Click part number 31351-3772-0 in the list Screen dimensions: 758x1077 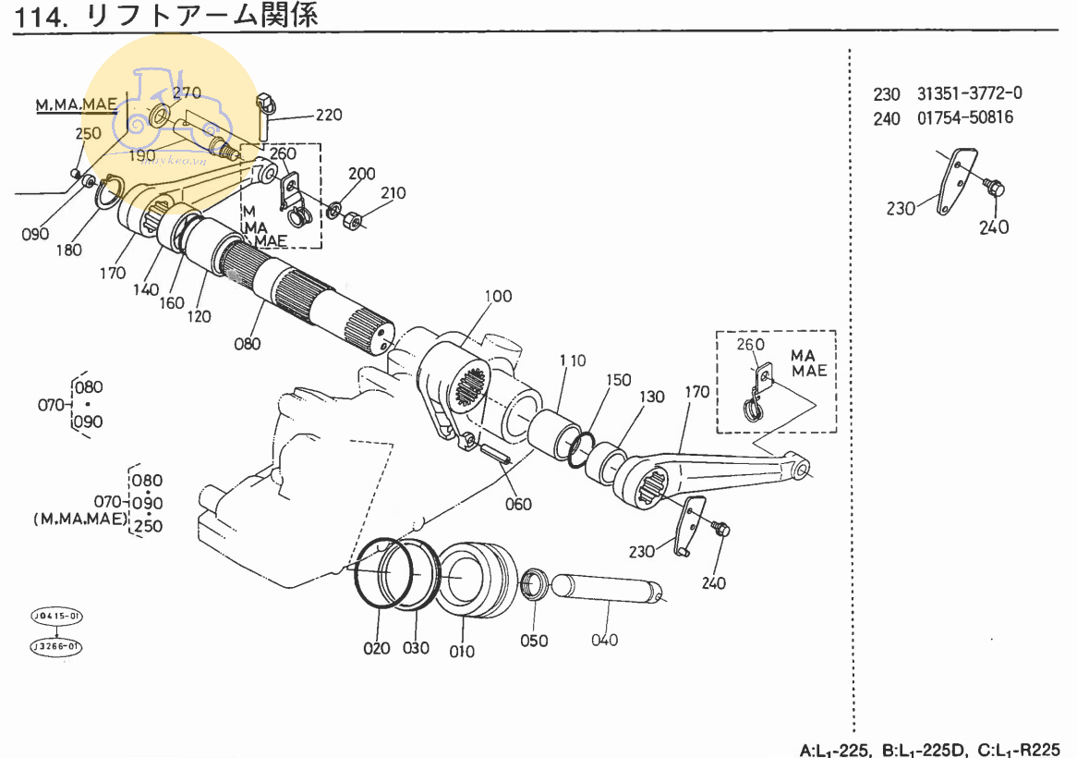(x=970, y=93)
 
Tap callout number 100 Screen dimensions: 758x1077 (x=498, y=297)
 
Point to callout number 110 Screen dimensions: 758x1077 (x=572, y=361)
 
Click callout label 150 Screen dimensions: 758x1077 (x=619, y=380)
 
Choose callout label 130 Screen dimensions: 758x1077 (x=652, y=397)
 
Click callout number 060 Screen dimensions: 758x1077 (x=518, y=504)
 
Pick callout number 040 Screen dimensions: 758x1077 (x=605, y=640)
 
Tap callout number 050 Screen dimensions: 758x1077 (x=534, y=641)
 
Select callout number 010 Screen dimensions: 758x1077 (x=462, y=651)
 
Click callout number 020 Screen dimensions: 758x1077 (x=377, y=648)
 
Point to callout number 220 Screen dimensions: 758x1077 (x=329, y=116)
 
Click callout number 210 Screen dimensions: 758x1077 (x=393, y=193)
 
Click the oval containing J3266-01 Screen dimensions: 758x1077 (x=55, y=645)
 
